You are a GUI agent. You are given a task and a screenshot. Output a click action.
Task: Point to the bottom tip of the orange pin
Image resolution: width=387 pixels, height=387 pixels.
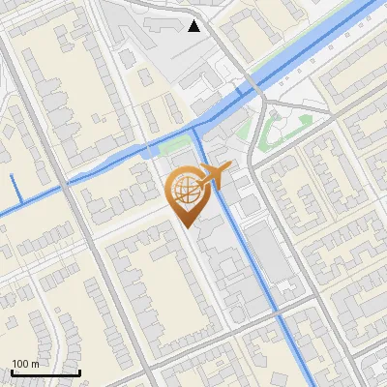(x=188, y=227)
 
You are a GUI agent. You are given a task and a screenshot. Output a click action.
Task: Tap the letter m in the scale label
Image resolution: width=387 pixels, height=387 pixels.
(x=35, y=363)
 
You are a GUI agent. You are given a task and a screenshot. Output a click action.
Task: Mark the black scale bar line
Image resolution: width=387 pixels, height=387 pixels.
(x=45, y=372)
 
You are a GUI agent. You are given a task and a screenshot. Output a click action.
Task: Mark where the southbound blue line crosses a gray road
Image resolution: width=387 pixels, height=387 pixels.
(x=282, y=319)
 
